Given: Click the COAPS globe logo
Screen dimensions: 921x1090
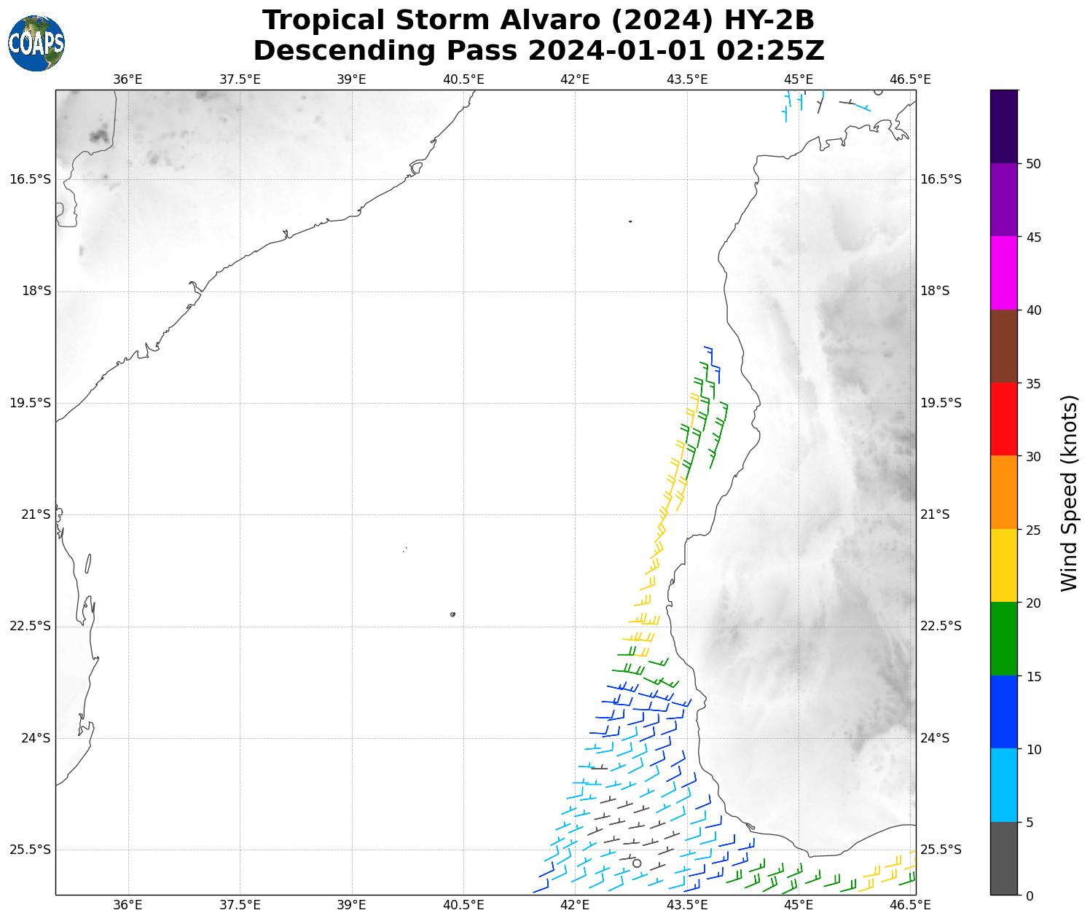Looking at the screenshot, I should (x=36, y=44).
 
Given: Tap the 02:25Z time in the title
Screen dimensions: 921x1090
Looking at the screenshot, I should (x=771, y=51).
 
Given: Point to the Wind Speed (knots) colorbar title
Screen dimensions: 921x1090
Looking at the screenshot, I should (x=1068, y=493).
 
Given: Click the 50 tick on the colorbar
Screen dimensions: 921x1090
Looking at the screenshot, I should (x=1032, y=164).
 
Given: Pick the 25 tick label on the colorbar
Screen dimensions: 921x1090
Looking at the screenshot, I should (x=1032, y=530).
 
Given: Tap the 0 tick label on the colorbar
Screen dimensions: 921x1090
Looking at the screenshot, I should (x=1029, y=895).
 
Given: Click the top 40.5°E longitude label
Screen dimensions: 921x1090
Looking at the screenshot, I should (x=463, y=79).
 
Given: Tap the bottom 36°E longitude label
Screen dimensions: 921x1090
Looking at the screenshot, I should (x=128, y=905).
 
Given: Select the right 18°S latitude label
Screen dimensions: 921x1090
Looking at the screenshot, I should (x=935, y=291).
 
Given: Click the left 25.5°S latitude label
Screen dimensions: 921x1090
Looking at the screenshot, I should (x=31, y=850).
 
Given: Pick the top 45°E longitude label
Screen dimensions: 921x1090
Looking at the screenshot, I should (x=799, y=79).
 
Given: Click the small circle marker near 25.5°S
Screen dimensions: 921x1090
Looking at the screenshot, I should (x=637, y=863).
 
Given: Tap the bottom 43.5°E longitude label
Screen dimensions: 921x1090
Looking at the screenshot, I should (x=687, y=905).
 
